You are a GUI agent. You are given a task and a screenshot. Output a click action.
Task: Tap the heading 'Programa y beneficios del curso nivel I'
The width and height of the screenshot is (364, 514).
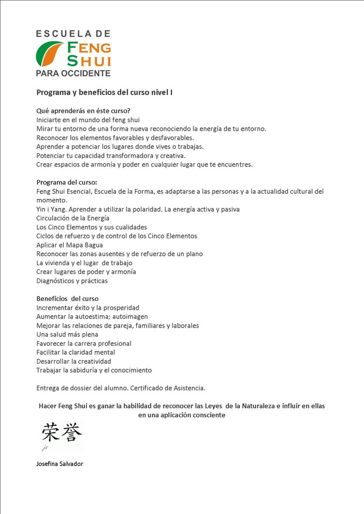(x=104, y=92)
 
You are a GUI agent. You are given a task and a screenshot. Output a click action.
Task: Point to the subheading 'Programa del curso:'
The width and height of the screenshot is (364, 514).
(x=66, y=182)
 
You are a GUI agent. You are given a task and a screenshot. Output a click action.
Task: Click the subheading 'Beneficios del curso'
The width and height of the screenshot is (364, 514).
(x=67, y=298)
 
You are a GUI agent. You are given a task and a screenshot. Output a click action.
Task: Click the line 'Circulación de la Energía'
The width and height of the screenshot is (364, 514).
(x=72, y=218)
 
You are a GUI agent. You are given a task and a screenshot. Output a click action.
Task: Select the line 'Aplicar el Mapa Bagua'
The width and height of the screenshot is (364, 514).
(x=69, y=245)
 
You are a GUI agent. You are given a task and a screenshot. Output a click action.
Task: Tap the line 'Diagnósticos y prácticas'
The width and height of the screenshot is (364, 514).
(x=72, y=281)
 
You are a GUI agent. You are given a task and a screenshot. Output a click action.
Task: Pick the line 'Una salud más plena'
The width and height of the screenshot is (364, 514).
(x=67, y=334)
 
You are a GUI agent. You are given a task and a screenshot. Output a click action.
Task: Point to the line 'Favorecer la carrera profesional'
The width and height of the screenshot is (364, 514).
(x=84, y=343)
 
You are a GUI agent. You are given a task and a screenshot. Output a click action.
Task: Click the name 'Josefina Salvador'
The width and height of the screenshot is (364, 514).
(x=60, y=464)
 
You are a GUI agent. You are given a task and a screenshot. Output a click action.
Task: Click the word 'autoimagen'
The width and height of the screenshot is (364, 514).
(x=130, y=316)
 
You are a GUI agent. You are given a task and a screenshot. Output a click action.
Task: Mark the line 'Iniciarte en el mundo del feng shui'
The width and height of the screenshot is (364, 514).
(x=87, y=120)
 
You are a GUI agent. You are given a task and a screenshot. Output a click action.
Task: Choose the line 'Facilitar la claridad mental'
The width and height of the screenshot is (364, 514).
(x=76, y=352)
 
